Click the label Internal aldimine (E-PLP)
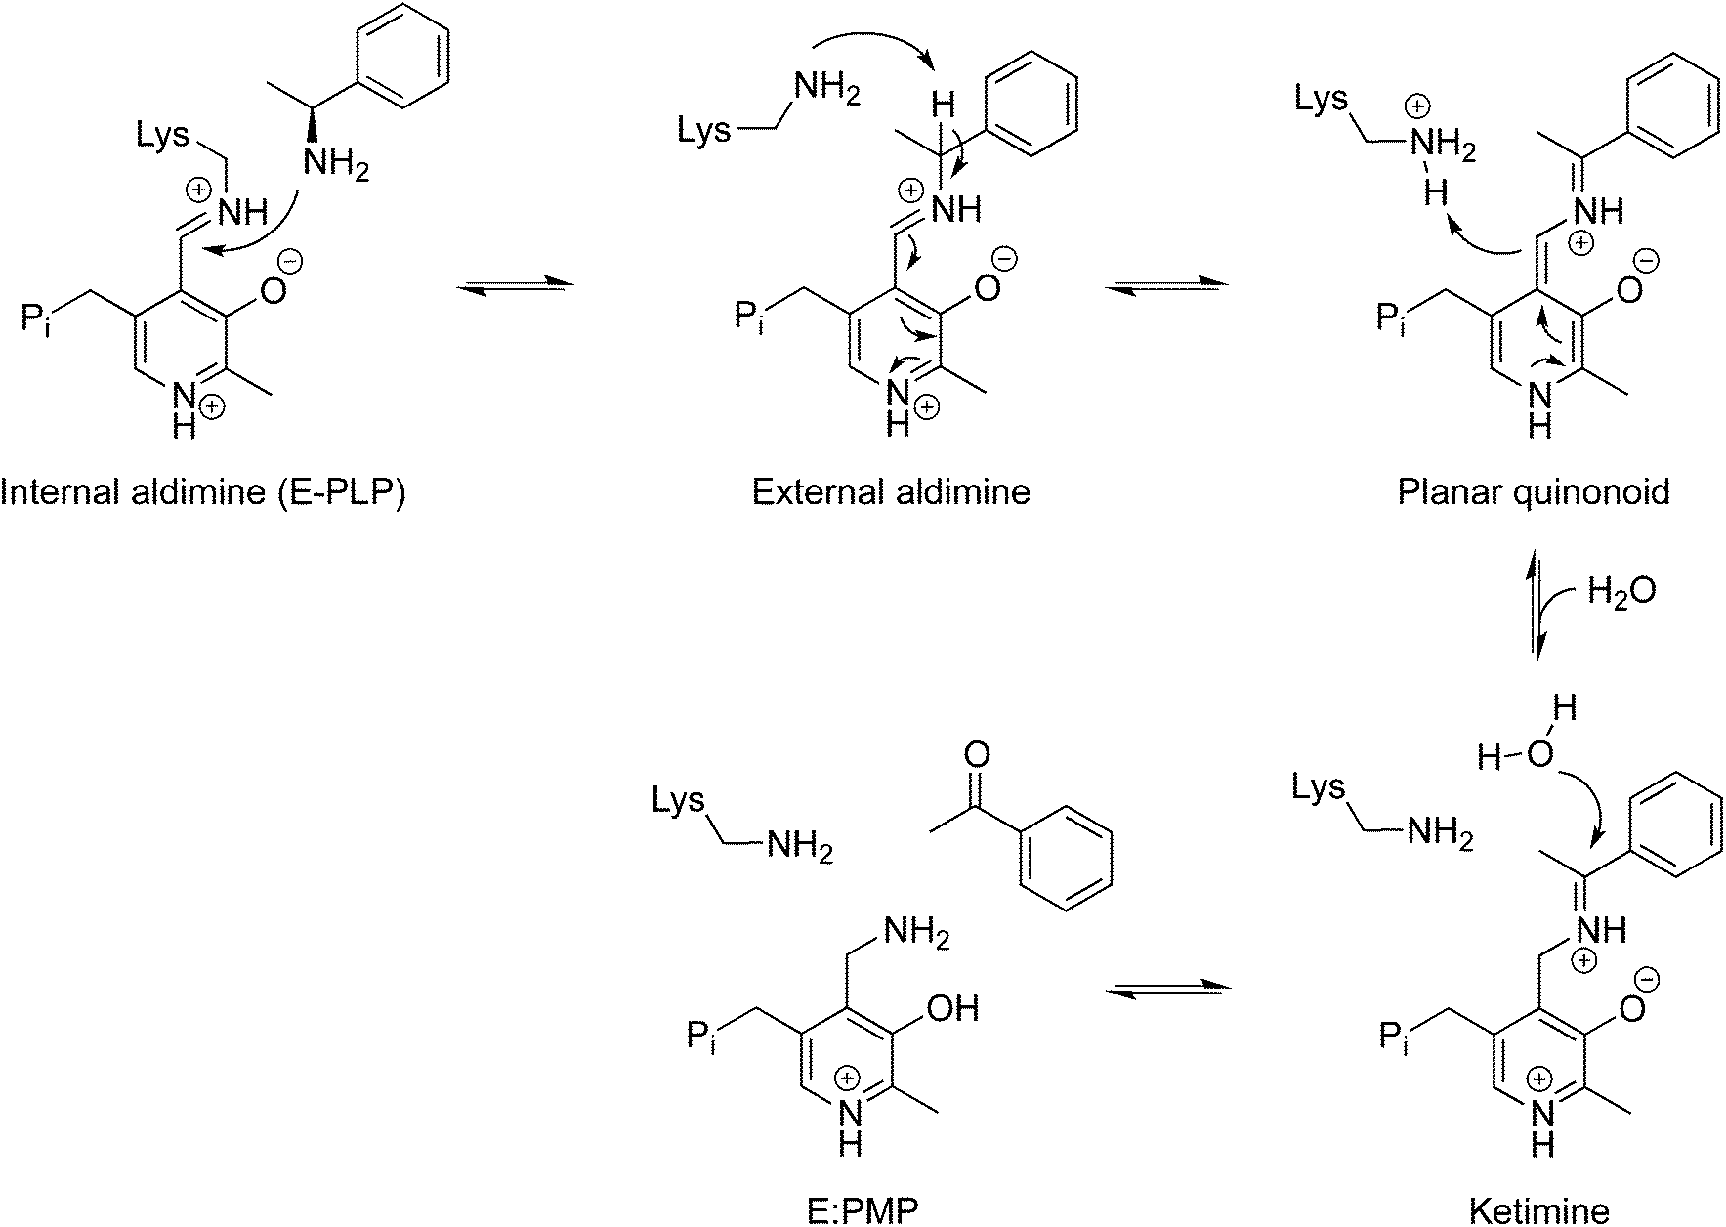[x=202, y=491]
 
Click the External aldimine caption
[x=890, y=491]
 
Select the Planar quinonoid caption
[x=1533, y=491]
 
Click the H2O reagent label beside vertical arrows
[x=1621, y=591]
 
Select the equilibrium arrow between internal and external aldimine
[x=514, y=285]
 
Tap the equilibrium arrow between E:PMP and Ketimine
[x=1166, y=990]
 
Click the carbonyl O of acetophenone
[x=976, y=754]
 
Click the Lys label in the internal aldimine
[x=162, y=136]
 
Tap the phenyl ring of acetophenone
[x=1066, y=860]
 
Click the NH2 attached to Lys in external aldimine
[x=827, y=90]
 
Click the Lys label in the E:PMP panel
[x=678, y=802]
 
